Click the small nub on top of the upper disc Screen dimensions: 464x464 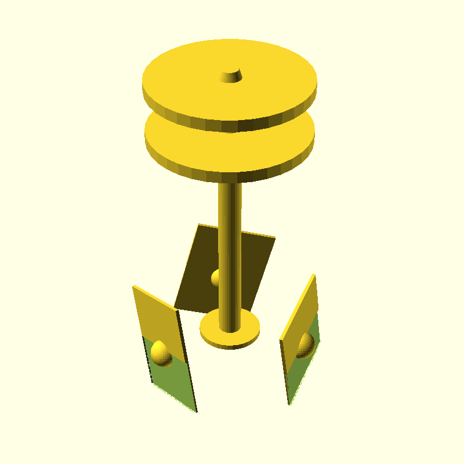(231, 75)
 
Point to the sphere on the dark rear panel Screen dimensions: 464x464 (215, 278)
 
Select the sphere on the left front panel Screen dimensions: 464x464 (161, 353)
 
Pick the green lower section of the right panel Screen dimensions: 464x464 (302, 371)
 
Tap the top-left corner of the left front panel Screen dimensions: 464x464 (133, 286)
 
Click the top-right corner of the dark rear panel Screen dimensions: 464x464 (275, 237)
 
